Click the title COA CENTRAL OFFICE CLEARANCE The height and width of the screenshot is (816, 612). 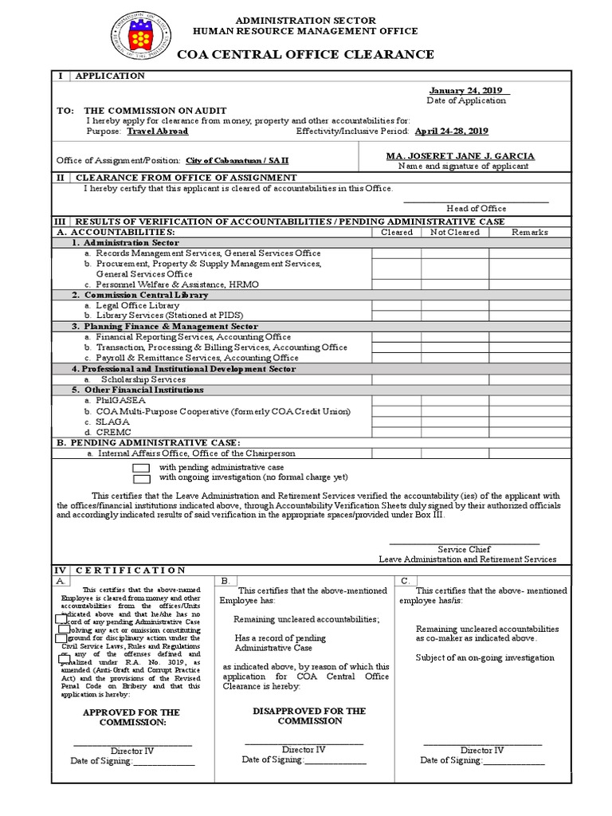(305, 54)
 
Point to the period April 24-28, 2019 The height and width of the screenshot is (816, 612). (450, 131)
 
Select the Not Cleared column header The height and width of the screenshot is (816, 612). (455, 232)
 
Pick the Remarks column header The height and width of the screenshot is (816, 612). (530, 232)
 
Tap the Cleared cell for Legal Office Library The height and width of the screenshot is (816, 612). (396, 305)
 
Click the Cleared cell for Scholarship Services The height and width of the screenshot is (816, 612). (396, 379)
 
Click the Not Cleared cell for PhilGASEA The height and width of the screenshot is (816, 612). (455, 401)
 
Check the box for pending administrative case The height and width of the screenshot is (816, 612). (141, 468)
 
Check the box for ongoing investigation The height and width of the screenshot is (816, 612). (141, 479)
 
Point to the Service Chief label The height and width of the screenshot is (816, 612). (464, 549)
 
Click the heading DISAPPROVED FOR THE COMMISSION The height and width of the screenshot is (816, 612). (309, 716)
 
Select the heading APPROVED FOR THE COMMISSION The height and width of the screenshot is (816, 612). (131, 717)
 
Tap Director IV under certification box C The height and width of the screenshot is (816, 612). (482, 750)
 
